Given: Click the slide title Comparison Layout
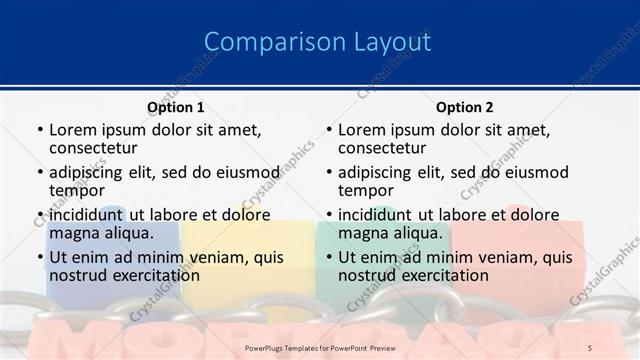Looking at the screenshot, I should coord(318,42).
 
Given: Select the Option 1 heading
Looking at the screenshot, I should coord(175,107).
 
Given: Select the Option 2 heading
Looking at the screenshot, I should coord(464,107).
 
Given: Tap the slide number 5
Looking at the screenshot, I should coord(589,347).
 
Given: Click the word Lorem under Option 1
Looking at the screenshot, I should coord(73,130).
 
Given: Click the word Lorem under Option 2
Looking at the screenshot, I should coord(362,130).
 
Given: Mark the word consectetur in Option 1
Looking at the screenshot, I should coord(98,149).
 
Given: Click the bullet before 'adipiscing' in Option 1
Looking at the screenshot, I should coord(39,173).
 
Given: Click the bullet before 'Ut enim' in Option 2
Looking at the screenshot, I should coord(328,258).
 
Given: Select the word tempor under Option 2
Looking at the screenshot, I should coord(367,191).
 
